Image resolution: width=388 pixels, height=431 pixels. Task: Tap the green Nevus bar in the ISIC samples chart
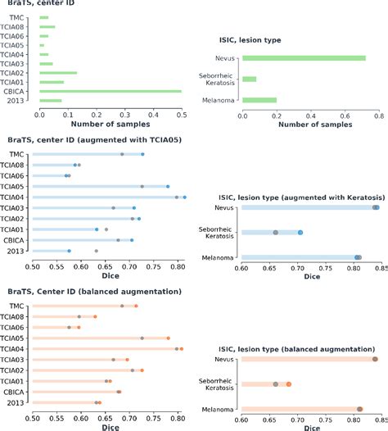point(304,58)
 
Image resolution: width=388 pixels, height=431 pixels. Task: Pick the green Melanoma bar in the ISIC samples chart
point(259,100)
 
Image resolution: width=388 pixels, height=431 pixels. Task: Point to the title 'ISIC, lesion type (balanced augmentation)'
point(299,348)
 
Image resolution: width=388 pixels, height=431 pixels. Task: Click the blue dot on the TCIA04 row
point(184,197)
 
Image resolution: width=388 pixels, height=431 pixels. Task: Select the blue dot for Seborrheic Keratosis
point(300,233)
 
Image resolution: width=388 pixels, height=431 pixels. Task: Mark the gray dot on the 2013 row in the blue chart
point(96,251)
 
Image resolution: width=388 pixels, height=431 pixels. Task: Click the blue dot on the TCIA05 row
point(168,186)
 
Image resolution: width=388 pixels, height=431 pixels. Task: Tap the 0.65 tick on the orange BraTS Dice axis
point(106,417)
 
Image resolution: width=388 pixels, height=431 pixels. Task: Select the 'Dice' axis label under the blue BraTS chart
point(106,275)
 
